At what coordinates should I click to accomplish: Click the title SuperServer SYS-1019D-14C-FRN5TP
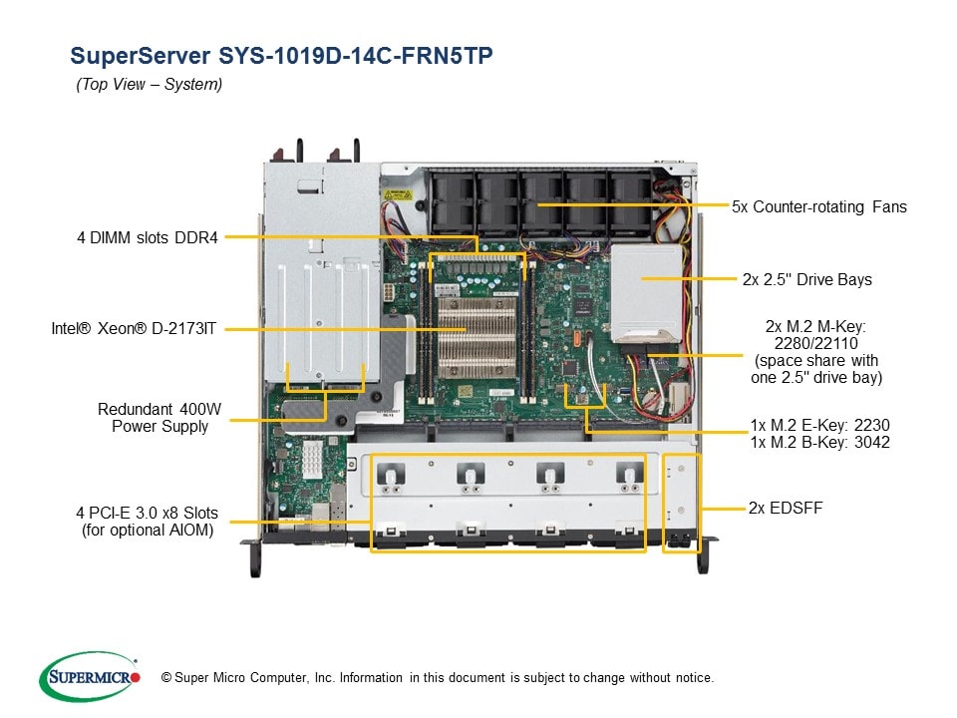280,55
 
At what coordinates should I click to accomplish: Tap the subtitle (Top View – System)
150,85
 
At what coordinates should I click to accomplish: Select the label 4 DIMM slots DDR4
149,236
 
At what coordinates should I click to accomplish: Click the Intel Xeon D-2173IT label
135,327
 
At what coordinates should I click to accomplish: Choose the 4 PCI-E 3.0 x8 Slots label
149,523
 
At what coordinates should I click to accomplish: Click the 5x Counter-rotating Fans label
819,206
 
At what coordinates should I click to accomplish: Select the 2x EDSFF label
786,508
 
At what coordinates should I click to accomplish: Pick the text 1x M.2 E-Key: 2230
820,425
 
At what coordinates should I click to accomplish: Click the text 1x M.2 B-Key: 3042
820,442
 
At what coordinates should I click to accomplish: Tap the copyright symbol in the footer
165,678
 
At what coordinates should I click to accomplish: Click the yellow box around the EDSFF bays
682,503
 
